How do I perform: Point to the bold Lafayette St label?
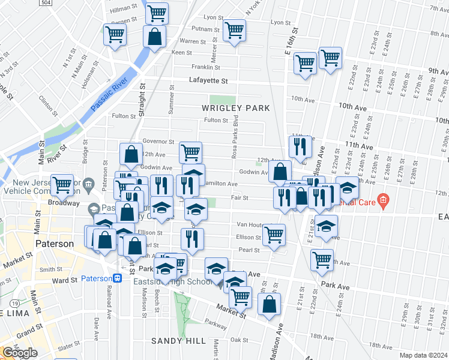tap(209, 80)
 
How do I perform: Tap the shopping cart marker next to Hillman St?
tap(157, 12)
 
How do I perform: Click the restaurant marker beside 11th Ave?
tap(300, 145)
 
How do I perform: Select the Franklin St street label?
tap(206, 67)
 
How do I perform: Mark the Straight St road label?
tap(143, 97)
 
